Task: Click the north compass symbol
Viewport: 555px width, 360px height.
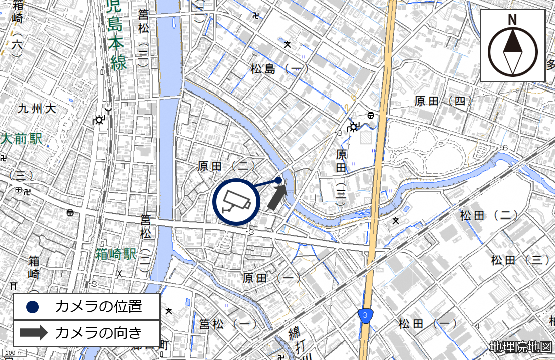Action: pos(512,52)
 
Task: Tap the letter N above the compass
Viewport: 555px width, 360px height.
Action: pos(512,20)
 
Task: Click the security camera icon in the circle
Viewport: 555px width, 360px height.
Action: pos(236,201)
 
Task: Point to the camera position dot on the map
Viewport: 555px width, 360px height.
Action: pos(278,180)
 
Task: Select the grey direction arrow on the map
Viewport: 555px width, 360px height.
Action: pos(277,197)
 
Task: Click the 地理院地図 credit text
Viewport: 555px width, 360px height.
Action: pos(521,347)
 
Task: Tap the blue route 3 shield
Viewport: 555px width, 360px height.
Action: pos(366,315)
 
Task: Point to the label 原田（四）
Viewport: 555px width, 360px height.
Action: pos(443,102)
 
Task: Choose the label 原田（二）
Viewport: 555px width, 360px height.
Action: pos(226,166)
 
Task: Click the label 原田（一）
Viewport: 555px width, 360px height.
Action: pos(271,278)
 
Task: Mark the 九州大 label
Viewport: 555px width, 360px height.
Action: pos(37,108)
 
